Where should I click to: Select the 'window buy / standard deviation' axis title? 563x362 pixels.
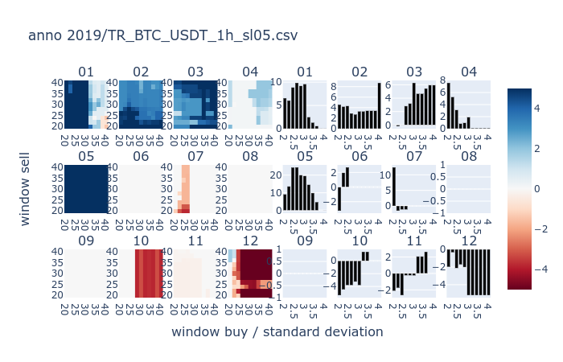click(x=277, y=331)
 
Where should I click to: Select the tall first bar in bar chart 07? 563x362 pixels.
click(x=395, y=187)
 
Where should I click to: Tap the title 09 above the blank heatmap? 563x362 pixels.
click(x=86, y=241)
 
